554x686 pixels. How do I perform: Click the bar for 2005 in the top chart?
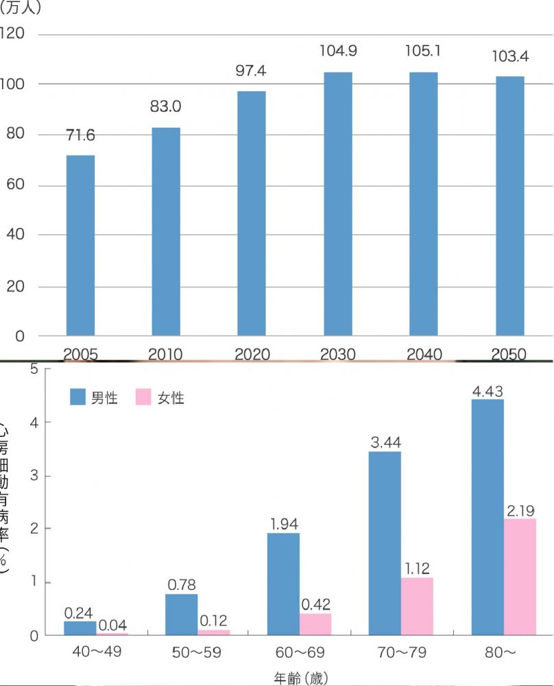80,246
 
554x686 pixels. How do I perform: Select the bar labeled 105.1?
423,204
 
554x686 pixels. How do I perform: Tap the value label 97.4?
252,71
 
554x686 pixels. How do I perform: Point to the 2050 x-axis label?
509,355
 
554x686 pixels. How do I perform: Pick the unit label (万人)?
21,8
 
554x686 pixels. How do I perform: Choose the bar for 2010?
166,231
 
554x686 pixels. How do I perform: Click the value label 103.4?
509,56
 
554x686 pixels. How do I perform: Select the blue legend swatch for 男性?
77,397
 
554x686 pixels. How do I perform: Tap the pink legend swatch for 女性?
143,397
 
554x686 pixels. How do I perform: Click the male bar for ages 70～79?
385,543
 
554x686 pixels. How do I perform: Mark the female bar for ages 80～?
520,576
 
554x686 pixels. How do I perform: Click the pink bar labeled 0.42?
315,624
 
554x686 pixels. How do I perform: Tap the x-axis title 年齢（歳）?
301,678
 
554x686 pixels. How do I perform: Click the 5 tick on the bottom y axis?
32,369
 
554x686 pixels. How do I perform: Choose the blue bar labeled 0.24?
80,628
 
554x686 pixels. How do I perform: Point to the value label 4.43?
487,391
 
